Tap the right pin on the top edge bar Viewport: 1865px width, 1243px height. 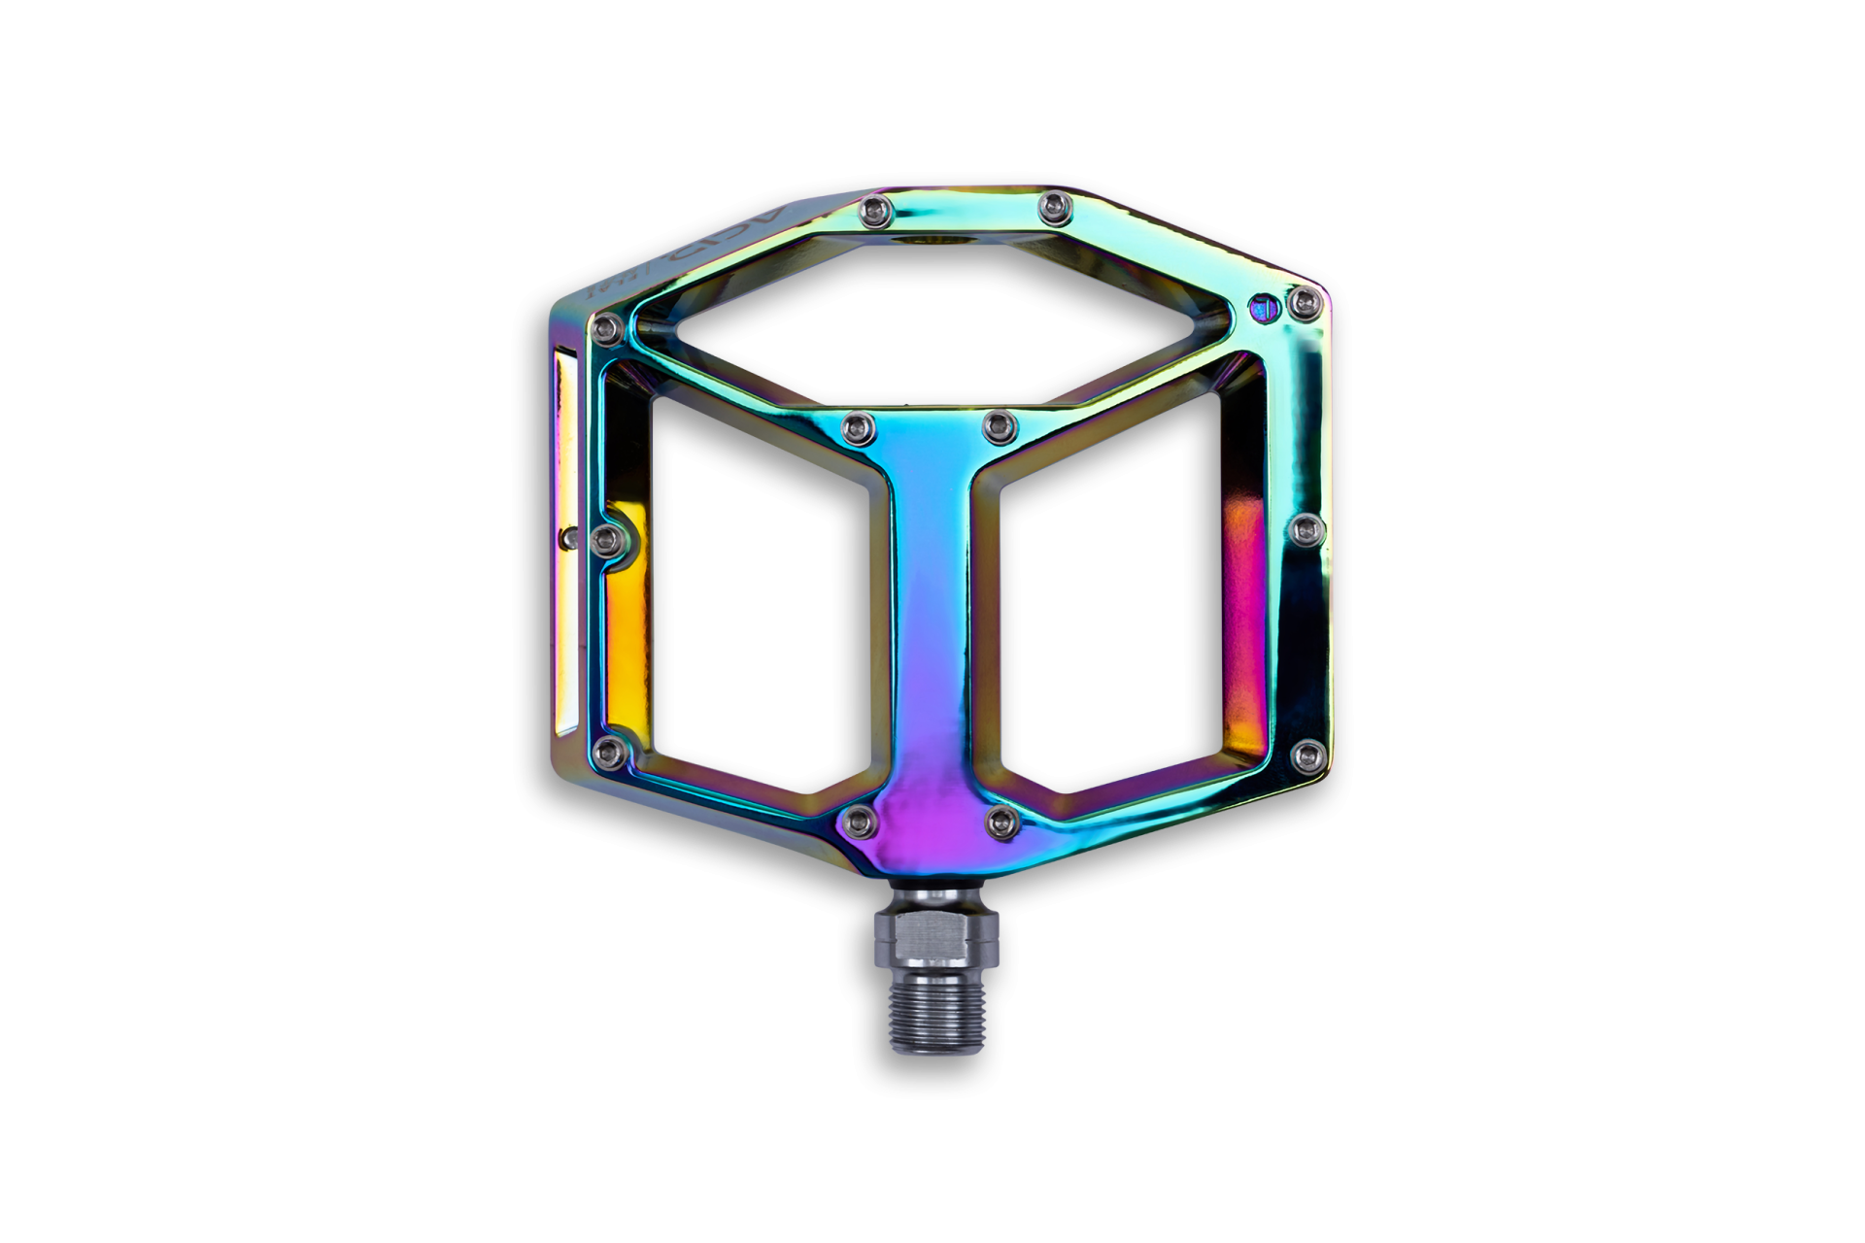coord(1051,205)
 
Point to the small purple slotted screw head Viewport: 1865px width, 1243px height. coord(1261,308)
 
